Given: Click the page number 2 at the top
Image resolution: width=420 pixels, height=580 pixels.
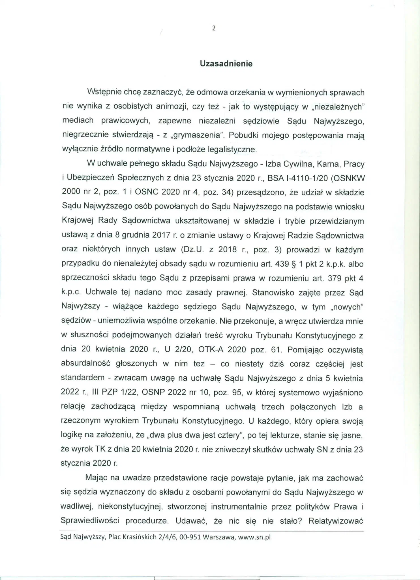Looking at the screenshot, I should tap(214, 28).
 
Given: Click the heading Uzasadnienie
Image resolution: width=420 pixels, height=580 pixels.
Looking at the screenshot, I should tap(226, 63).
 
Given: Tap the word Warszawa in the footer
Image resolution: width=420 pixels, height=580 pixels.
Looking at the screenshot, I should tap(219, 537).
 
